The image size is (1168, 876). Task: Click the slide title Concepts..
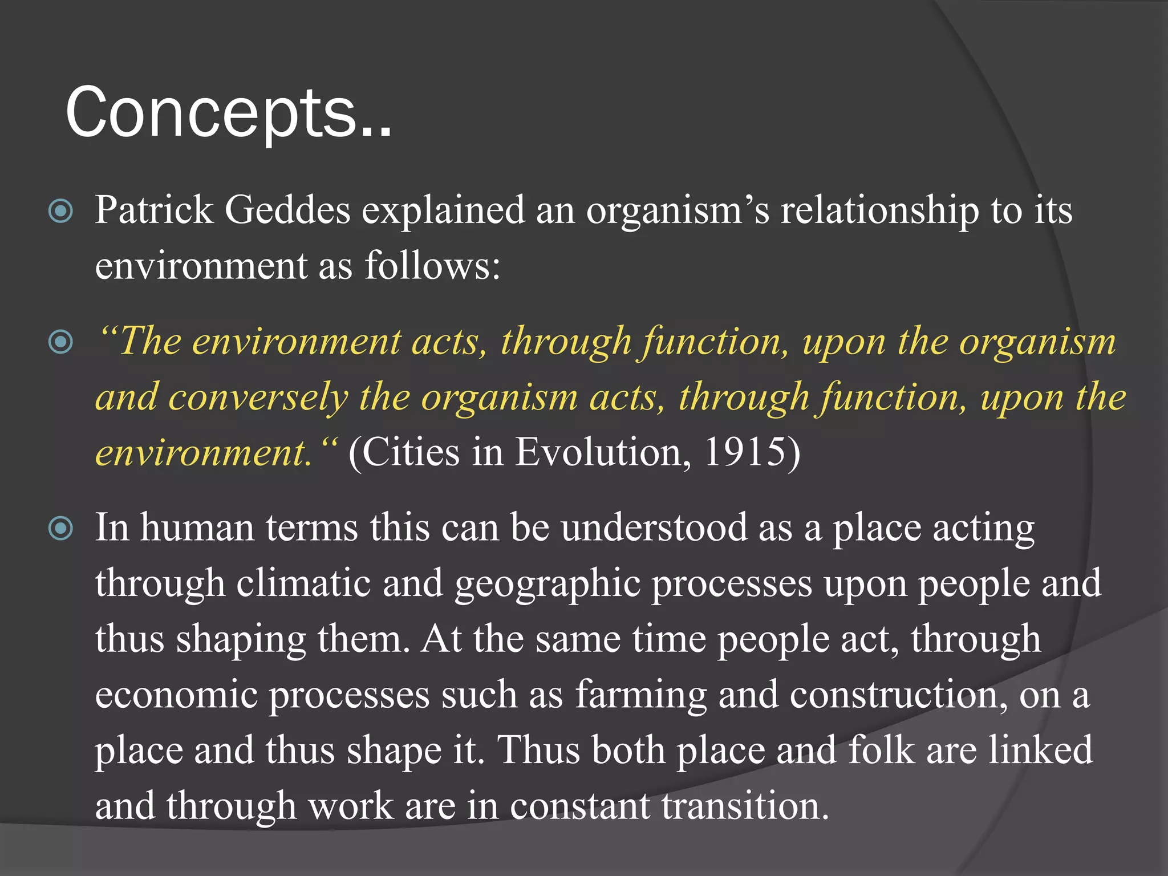click(x=228, y=112)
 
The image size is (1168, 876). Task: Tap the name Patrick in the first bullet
click(x=154, y=210)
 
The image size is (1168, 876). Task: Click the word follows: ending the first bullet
click(x=432, y=266)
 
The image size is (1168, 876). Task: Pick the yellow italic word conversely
click(x=258, y=397)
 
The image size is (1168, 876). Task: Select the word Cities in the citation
click(x=411, y=452)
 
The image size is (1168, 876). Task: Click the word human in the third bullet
click(x=197, y=528)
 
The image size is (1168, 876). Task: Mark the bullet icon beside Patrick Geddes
click(x=61, y=212)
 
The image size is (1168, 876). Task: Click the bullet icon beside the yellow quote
click(x=61, y=342)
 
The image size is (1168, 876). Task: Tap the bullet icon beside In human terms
click(x=61, y=529)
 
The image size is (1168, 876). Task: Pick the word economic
click(x=176, y=695)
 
